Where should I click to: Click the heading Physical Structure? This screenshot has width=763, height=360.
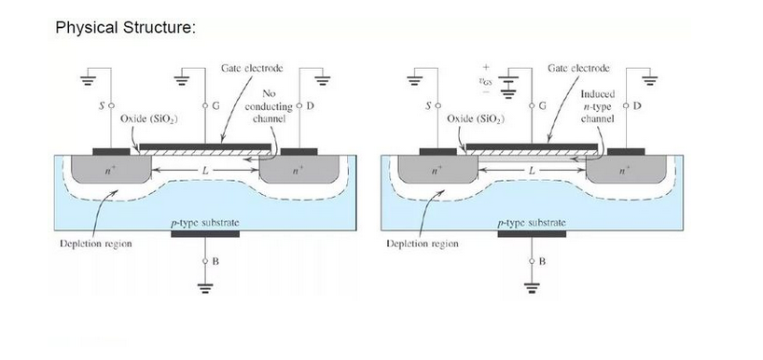coord(125,27)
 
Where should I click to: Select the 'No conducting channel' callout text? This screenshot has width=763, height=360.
coord(269,106)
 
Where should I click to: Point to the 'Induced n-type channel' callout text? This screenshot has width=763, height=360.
coord(598,106)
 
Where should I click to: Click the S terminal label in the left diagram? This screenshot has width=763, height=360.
coord(102,105)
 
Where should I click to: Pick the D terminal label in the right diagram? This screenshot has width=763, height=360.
coord(637,105)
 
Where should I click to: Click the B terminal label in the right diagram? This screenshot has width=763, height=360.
coord(543,262)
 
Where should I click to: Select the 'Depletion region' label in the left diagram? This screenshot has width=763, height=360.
coord(96,243)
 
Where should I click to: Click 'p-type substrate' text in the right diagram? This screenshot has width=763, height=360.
coord(532,223)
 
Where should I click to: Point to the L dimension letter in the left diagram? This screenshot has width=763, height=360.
coord(205,171)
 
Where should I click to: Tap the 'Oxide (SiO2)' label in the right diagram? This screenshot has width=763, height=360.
coord(476,119)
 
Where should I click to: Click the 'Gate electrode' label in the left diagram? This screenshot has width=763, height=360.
coord(252,68)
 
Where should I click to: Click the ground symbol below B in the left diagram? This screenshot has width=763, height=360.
coord(205,288)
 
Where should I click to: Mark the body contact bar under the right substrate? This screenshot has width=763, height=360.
coord(532,234)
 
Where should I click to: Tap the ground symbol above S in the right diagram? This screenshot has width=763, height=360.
coord(414,80)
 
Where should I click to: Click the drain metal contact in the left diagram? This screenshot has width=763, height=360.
coord(298,152)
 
